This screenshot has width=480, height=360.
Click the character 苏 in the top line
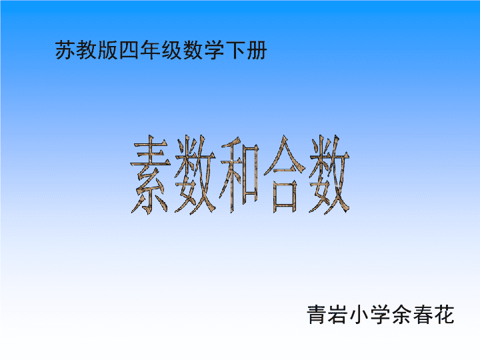pos(65,50)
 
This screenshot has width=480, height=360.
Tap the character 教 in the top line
pos(87,50)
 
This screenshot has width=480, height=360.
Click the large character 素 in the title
pos(150,175)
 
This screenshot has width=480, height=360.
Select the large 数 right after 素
pos(195,175)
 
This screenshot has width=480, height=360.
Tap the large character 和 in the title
pos(240,175)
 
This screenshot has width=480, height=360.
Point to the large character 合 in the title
pos(285,174)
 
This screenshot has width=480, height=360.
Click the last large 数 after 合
pos(329,175)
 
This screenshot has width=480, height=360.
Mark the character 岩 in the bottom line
pos(338,315)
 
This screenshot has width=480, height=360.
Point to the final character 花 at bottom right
pos(444,315)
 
